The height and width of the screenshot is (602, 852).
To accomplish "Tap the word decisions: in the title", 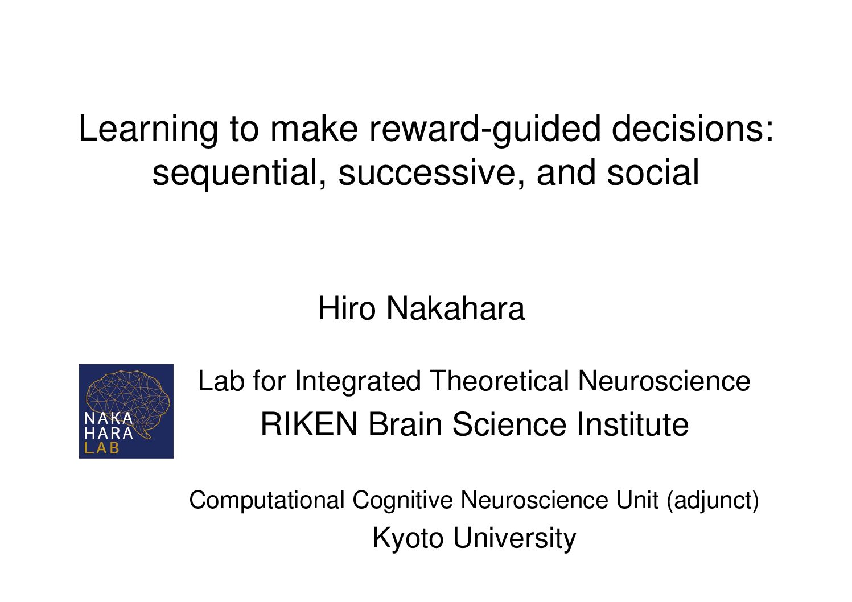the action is [693, 129].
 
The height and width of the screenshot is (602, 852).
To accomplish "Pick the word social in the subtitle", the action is [653, 172].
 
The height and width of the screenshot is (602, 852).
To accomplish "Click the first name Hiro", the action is [347, 308].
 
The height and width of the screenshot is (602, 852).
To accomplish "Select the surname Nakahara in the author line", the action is [456, 308].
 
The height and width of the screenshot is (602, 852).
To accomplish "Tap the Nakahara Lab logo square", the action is [126, 411].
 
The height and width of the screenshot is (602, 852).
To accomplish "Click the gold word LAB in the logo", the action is [101, 448].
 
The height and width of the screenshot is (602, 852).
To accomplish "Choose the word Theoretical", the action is [499, 381].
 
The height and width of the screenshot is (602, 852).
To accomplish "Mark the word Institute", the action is [632, 424].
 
